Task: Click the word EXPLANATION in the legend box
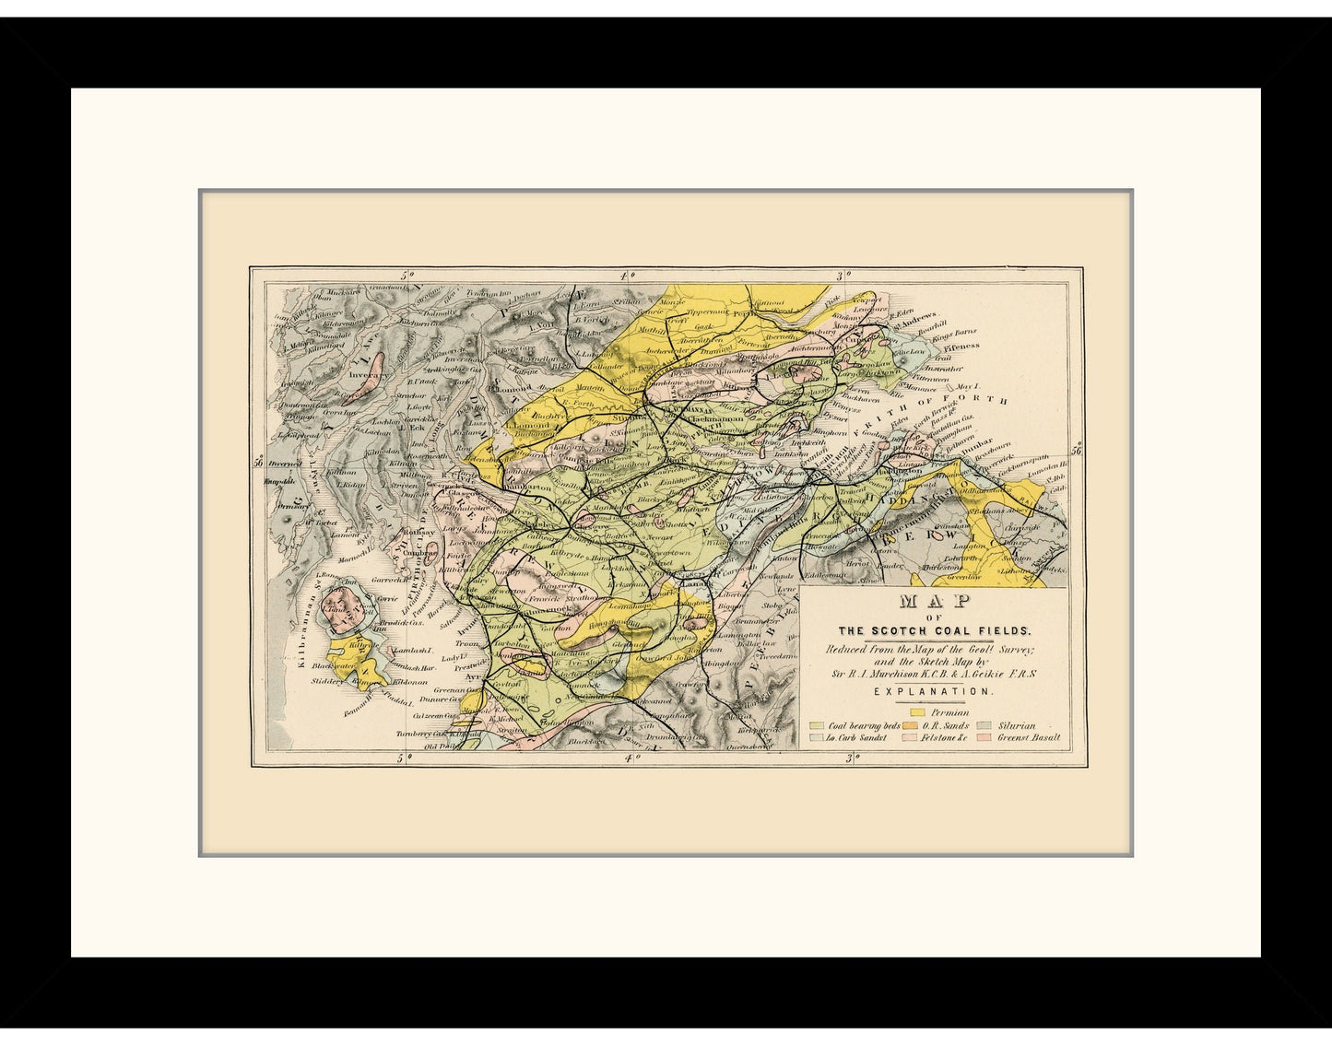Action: click(x=933, y=691)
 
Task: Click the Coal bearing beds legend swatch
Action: click(x=816, y=725)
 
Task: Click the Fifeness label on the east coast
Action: click(x=961, y=347)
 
